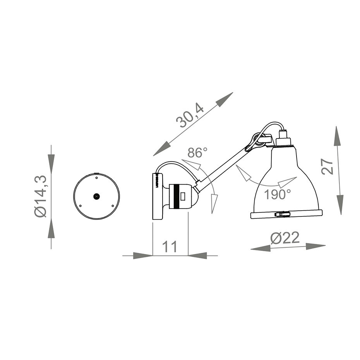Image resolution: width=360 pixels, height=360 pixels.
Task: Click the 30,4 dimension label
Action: click(190, 117)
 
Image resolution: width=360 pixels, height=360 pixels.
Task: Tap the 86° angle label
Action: click(197, 153)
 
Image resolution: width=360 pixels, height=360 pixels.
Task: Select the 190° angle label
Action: click(278, 194)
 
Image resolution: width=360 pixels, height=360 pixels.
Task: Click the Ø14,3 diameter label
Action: click(41, 196)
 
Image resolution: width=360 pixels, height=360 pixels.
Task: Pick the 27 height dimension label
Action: click(327, 167)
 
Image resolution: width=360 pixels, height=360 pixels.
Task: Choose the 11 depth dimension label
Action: click(169, 247)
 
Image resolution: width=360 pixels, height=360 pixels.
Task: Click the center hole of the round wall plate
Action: click(96, 196)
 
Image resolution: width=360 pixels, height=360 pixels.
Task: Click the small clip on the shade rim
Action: click(282, 213)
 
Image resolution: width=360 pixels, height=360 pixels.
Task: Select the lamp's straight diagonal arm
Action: click(223, 166)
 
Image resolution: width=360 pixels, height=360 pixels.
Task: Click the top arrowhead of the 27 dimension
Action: click(338, 135)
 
